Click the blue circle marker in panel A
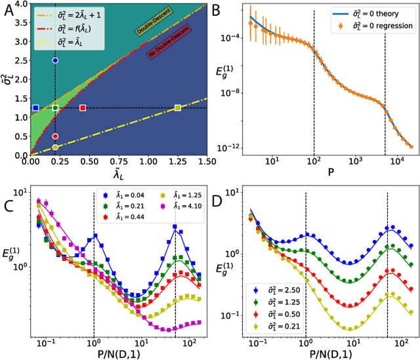[55, 60]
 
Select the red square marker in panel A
[83, 108]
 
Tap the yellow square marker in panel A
[178, 108]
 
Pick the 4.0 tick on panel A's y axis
[21, 5]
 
